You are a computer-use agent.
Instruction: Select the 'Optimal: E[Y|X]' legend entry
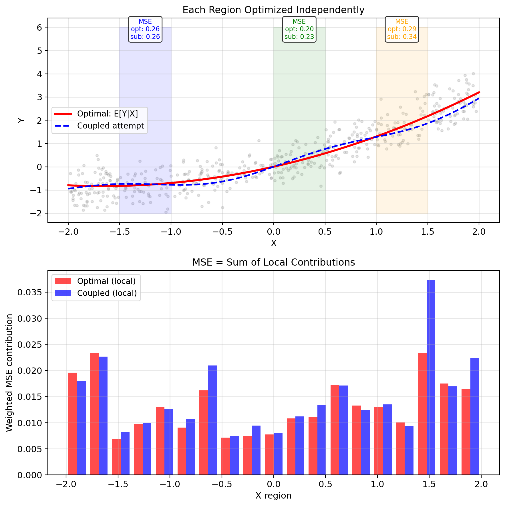click(x=107, y=114)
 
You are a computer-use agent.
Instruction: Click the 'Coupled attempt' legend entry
click(x=110, y=126)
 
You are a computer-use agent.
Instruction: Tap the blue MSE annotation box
click(x=145, y=29)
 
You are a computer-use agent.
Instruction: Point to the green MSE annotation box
click(x=299, y=29)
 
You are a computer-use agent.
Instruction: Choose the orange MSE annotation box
click(x=402, y=29)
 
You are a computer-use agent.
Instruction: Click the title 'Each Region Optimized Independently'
click(x=273, y=10)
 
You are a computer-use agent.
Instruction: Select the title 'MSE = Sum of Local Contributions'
click(x=273, y=262)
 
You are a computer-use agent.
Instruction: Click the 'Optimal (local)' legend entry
click(x=106, y=281)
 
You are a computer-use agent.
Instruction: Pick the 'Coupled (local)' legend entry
click(x=107, y=293)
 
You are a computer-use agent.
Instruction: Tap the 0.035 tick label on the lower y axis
click(x=29, y=292)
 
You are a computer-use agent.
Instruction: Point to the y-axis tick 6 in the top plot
click(x=39, y=27)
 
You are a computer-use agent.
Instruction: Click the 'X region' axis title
click(x=273, y=495)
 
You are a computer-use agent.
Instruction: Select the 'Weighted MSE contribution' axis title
click(x=9, y=373)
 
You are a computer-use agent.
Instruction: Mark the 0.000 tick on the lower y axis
click(x=29, y=475)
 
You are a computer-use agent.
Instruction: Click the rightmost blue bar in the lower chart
click(x=475, y=416)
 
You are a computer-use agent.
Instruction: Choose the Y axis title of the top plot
click(x=21, y=120)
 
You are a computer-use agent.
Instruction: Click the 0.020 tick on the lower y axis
click(x=29, y=371)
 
